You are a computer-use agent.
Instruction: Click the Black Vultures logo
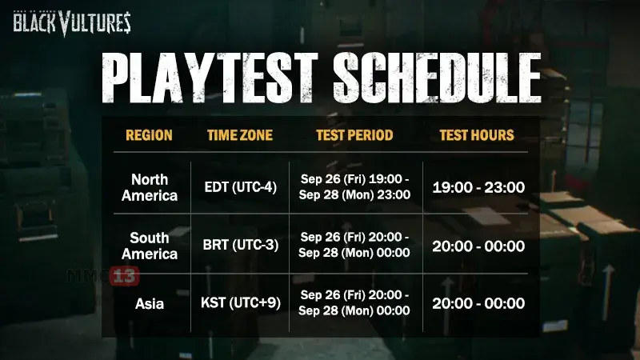click(72, 23)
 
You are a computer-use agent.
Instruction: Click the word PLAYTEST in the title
click(210, 78)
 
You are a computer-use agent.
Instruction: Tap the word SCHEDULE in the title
click(438, 78)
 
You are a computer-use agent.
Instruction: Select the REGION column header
click(149, 135)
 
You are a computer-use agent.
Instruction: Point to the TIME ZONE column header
click(240, 135)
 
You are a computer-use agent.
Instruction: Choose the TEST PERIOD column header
click(354, 135)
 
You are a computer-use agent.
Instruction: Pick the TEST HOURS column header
click(477, 135)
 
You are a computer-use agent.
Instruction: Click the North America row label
click(150, 187)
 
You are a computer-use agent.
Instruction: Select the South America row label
click(150, 246)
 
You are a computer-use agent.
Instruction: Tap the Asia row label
click(150, 304)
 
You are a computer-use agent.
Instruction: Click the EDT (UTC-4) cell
click(241, 187)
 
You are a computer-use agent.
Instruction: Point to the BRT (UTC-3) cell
click(241, 245)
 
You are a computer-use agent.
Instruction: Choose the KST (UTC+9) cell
click(241, 303)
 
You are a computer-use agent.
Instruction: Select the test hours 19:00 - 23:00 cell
click(478, 187)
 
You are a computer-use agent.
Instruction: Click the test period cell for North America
click(354, 186)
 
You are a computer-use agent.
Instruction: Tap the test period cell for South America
click(354, 245)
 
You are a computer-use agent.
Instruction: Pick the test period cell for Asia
click(354, 302)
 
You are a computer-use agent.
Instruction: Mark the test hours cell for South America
click(478, 246)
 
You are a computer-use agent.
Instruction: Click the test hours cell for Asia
click(478, 303)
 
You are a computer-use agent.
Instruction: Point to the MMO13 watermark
click(103, 276)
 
